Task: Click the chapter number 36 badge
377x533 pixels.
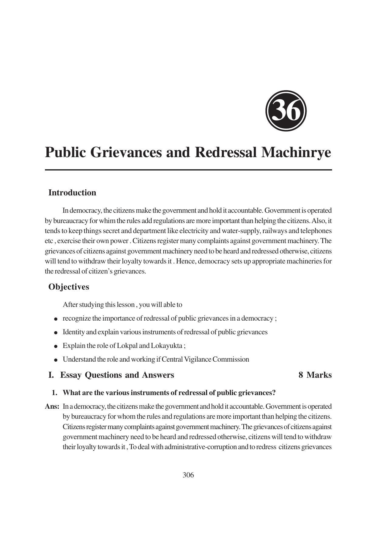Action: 286,111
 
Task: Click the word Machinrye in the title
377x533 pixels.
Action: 296,152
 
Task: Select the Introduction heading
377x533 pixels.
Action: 72,193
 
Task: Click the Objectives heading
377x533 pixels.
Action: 69,287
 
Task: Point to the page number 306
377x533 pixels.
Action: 188,475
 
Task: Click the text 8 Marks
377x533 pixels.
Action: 315,375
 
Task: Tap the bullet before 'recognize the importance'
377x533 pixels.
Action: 56,319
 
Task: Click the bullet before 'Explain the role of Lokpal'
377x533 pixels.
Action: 56,346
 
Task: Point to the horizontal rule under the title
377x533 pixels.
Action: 188,170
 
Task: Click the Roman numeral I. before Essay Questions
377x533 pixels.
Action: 51,375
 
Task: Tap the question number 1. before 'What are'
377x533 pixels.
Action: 54,393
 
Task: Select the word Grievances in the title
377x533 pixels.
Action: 126,152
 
